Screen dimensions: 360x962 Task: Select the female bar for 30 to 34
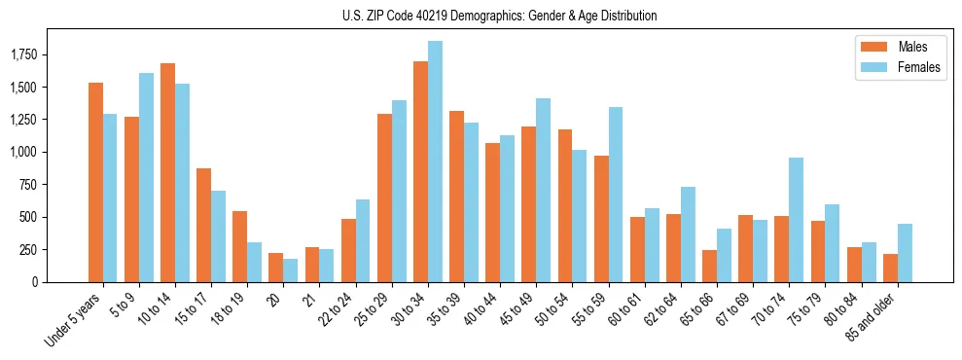tap(435, 162)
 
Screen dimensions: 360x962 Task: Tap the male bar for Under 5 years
tap(95, 182)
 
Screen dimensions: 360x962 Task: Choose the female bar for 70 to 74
tap(796, 220)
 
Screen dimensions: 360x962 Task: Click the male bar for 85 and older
tap(890, 268)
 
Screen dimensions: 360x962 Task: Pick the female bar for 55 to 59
tap(615, 195)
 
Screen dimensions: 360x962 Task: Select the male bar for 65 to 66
tap(709, 266)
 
